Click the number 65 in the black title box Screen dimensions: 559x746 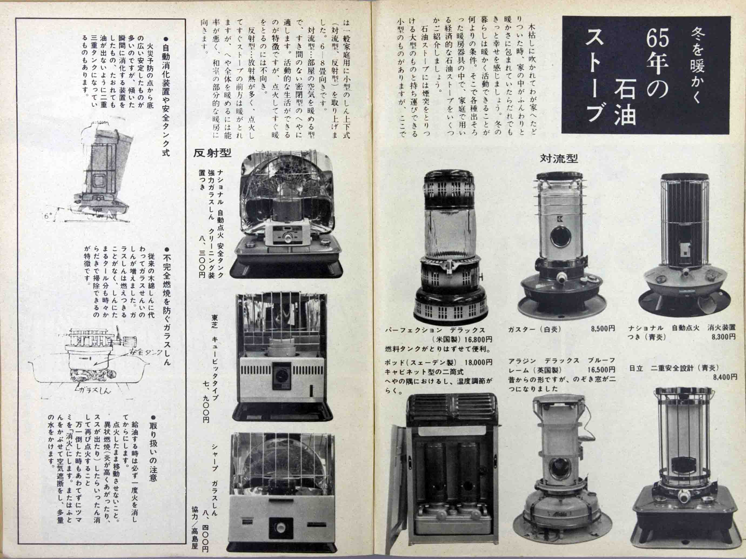[658, 40]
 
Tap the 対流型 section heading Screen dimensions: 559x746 [559, 158]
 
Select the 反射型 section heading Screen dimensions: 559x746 [212, 153]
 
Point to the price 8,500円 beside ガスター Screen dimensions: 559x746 [603, 328]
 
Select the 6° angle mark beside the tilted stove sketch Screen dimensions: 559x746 [47, 216]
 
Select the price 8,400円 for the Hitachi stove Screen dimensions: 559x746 [725, 377]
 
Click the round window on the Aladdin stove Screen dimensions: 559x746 [560, 469]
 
